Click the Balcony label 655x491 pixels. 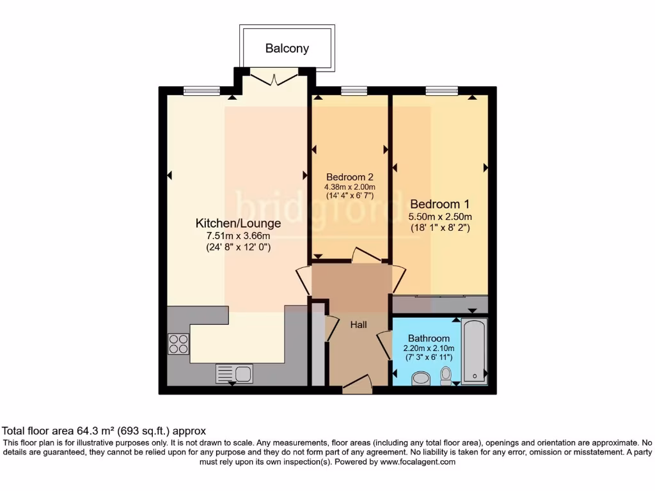(287, 48)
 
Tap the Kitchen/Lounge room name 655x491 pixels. (238, 223)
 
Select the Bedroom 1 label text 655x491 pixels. (439, 204)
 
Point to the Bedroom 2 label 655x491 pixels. (349, 177)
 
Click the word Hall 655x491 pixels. (358, 325)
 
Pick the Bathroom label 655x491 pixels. (429, 338)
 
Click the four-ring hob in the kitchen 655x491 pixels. (178, 344)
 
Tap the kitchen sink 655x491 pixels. (234, 373)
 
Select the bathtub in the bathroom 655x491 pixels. (474, 351)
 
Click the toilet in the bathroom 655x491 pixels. (446, 375)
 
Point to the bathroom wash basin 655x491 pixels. (421, 380)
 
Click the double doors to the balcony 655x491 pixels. (274, 79)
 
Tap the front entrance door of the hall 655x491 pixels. (357, 384)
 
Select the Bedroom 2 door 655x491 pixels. (365, 255)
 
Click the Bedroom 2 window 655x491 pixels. (354, 91)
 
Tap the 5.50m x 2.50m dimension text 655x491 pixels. (439, 217)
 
